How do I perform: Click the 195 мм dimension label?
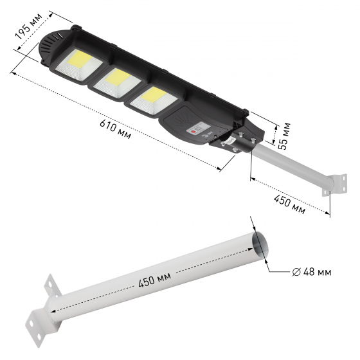29,26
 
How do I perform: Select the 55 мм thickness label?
285,136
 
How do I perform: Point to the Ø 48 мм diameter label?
312,273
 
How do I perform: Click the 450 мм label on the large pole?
155,280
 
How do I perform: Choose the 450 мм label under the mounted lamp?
289,204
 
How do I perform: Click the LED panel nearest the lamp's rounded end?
78,64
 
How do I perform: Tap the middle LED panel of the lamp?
117,83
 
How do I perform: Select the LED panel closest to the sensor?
154,100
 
